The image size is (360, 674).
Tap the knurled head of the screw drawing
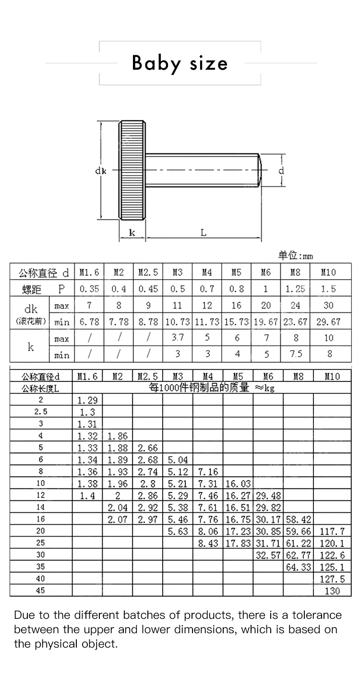[x=132, y=170]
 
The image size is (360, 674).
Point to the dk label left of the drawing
[x=100, y=170]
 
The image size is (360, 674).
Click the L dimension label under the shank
[x=204, y=233]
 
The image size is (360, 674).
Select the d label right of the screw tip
[x=281, y=170]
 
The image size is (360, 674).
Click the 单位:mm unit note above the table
[x=295, y=255]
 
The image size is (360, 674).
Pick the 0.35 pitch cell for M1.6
[x=89, y=289]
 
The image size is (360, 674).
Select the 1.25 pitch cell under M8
[x=295, y=289]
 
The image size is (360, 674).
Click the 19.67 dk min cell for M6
[x=265, y=322]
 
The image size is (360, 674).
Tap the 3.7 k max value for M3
[x=178, y=338]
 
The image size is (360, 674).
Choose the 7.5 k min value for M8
[x=295, y=354]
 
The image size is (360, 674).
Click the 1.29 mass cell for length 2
[x=87, y=400]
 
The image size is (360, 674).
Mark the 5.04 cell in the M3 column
[x=178, y=460]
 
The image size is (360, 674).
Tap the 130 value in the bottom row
[x=332, y=591]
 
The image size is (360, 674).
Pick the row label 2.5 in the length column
[x=41, y=412]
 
